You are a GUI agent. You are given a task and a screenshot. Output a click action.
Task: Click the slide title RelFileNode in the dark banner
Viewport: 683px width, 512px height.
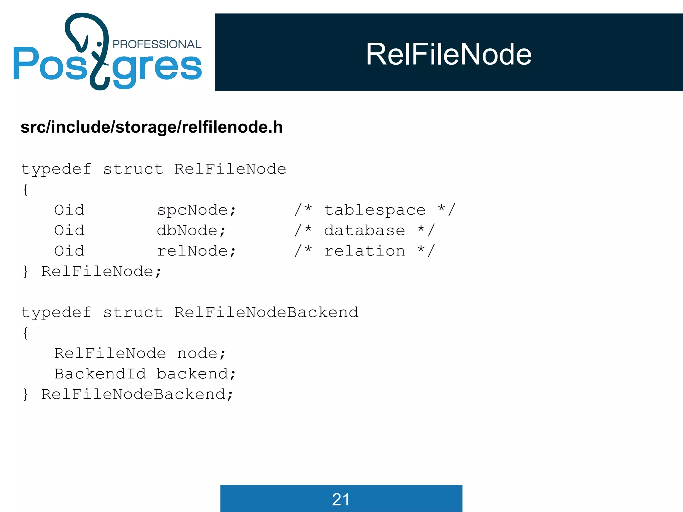(x=449, y=54)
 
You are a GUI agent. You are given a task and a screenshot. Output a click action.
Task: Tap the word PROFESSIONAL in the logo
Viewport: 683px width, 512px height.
(x=157, y=44)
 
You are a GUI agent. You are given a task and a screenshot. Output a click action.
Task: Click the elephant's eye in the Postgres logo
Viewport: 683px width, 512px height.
(x=99, y=44)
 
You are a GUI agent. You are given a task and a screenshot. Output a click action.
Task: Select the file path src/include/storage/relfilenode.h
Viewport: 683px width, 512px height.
(x=152, y=127)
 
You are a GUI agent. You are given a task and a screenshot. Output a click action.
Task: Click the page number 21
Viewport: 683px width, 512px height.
(x=341, y=499)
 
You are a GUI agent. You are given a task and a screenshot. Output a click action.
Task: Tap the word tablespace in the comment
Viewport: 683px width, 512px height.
(x=375, y=210)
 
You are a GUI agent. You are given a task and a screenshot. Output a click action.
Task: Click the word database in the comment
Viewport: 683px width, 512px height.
(x=365, y=231)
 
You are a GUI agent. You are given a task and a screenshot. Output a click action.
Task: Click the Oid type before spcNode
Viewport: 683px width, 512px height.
(x=69, y=210)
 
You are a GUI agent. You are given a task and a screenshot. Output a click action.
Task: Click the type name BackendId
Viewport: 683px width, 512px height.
(x=100, y=374)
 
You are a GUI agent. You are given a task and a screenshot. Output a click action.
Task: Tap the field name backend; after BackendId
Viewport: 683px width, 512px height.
(x=196, y=374)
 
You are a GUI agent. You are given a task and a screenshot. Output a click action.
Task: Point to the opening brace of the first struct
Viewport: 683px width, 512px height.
(x=26, y=190)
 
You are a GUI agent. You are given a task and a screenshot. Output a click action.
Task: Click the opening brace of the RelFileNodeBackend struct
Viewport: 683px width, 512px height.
(x=26, y=333)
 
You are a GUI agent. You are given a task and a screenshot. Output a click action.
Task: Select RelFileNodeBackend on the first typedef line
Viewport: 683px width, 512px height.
(x=266, y=313)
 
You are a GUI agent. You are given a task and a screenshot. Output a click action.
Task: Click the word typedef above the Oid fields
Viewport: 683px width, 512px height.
(x=56, y=169)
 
